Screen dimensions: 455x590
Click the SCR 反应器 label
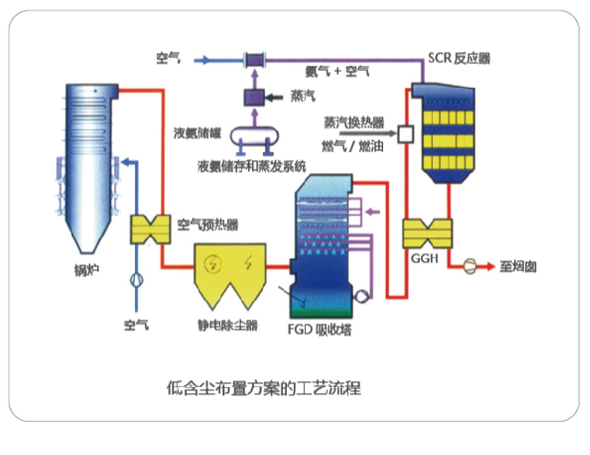[459, 58]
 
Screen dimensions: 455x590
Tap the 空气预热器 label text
[207, 226]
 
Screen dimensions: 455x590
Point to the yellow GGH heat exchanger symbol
[427, 233]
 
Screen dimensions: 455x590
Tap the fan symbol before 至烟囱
[468, 267]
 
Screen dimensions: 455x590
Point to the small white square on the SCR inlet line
[405, 133]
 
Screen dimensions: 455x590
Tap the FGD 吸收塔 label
[319, 330]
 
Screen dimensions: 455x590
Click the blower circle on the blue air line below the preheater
[136, 280]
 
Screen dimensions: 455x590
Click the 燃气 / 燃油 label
[353, 147]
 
